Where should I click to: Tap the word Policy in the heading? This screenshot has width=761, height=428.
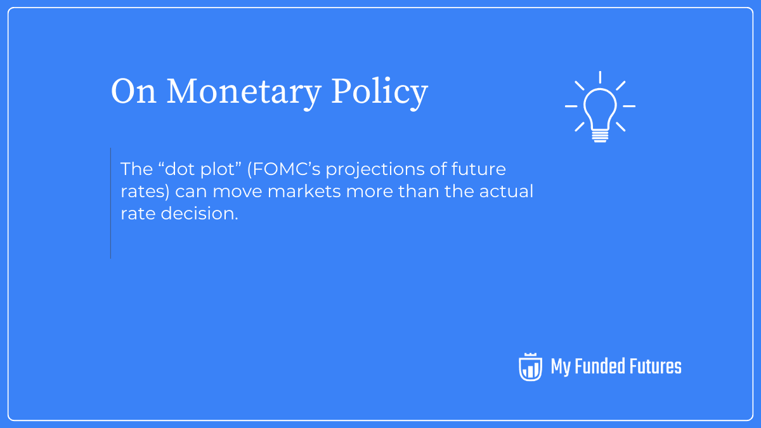click(379, 93)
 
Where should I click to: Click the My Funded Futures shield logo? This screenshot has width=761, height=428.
click(530, 366)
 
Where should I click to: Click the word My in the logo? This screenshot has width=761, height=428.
click(561, 367)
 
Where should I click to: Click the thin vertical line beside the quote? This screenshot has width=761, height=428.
click(110, 203)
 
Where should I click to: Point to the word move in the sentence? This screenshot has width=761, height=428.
click(242, 191)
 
